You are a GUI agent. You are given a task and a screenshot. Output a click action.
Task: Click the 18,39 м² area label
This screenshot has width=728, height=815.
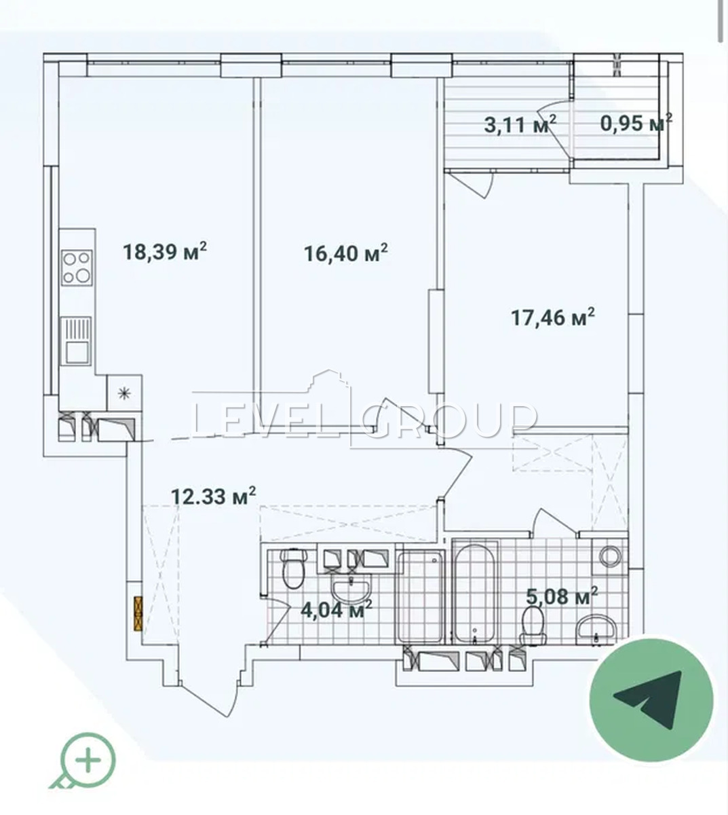click(x=165, y=251)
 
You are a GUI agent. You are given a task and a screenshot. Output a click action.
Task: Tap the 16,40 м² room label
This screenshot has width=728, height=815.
click(x=346, y=253)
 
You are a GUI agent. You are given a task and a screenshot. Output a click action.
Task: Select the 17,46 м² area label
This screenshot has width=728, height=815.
click(x=553, y=317)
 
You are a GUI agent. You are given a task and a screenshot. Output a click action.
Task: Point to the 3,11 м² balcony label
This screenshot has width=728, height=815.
click(x=520, y=124)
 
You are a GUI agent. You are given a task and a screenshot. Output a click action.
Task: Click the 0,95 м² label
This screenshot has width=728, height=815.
click(x=636, y=123)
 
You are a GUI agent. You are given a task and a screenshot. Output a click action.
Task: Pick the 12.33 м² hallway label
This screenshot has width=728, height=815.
click(x=214, y=496)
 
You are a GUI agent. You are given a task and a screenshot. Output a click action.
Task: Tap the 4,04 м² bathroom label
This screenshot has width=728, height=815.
click(x=337, y=609)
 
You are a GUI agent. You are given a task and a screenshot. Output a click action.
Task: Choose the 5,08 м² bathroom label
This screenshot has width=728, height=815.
click(x=562, y=596)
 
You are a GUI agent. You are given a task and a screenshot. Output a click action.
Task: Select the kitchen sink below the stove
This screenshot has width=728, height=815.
click(x=76, y=341)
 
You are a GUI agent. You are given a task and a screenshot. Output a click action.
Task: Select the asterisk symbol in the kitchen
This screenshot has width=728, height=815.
click(x=124, y=393)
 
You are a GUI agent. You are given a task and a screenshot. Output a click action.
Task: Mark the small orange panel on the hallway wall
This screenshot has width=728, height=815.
click(x=138, y=614)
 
